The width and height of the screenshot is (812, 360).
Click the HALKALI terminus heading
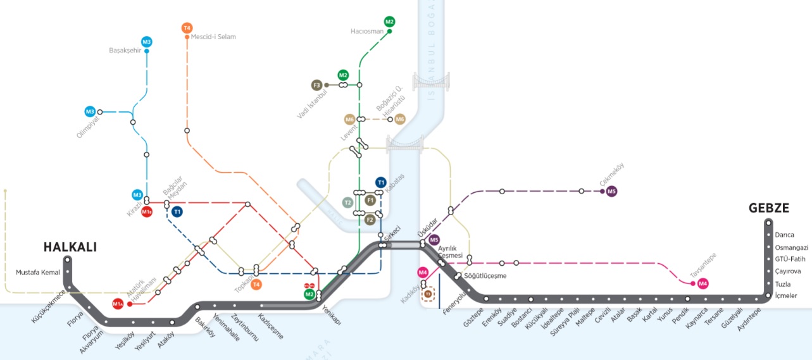pos(70,247)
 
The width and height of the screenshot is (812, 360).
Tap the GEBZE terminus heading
pos(769,208)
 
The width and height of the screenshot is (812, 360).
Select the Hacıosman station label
pos(367,30)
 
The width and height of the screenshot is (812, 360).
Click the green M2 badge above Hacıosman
pos(389,21)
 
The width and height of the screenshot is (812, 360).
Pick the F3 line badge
pos(317,85)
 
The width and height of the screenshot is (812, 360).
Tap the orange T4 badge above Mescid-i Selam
pos(187,28)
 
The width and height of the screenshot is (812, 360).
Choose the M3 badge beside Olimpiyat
pos(90,111)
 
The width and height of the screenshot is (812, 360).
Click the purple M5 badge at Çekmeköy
pos(611,191)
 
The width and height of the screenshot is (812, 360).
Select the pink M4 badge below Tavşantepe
pos(703,283)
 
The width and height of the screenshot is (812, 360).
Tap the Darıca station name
pos(784,235)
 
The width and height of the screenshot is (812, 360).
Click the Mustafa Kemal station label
pos(37,273)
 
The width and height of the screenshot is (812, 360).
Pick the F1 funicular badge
pos(372,200)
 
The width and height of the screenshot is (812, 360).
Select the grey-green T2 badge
pos(347,202)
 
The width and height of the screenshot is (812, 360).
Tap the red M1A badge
pos(118,304)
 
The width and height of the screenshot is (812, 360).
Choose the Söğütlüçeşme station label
pos(486,276)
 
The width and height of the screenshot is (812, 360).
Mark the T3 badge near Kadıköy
pos(428,294)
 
